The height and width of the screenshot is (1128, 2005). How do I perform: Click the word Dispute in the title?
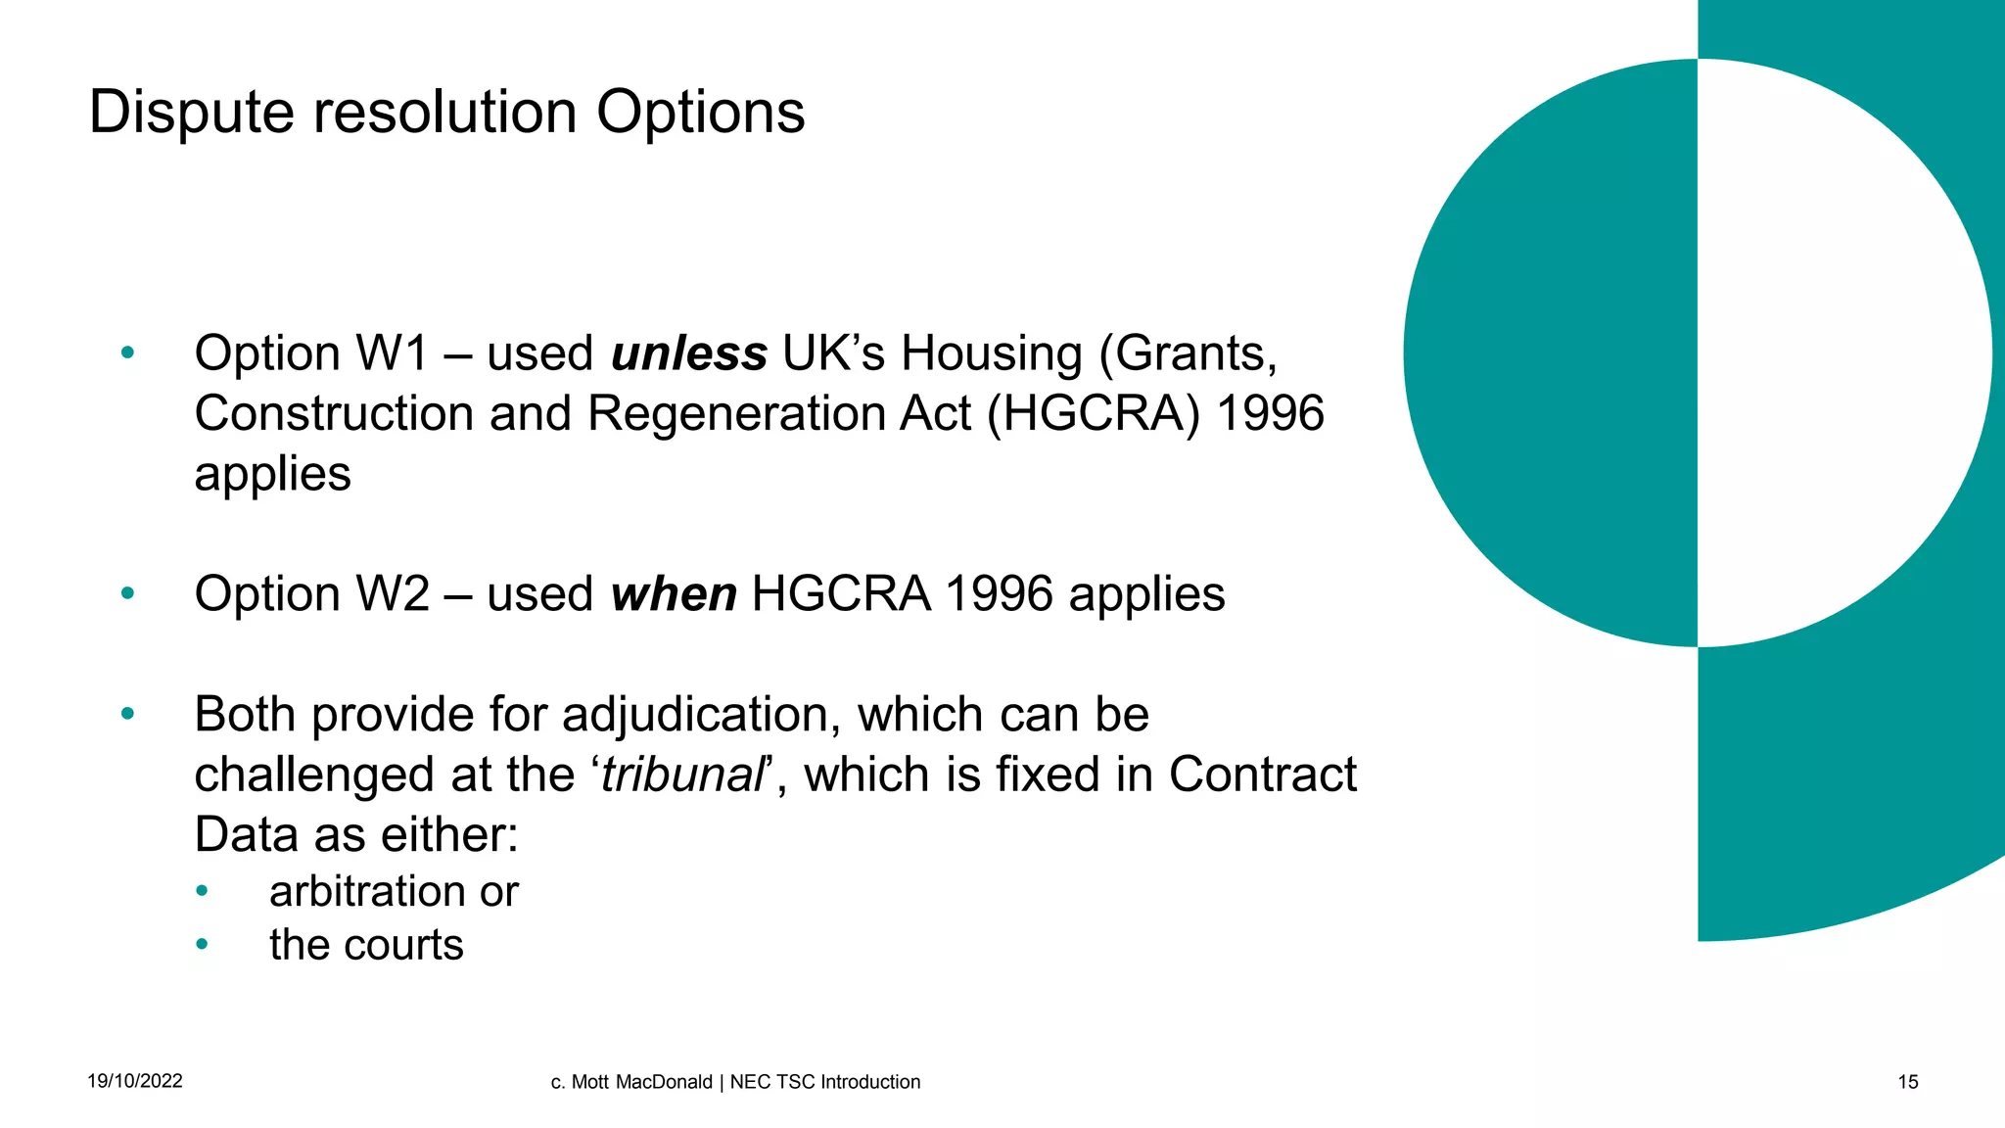click(x=191, y=113)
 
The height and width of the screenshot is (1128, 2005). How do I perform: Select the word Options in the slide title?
click(x=700, y=113)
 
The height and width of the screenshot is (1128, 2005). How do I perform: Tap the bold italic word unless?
click(x=688, y=353)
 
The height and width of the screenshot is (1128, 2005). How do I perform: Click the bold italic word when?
click(x=674, y=594)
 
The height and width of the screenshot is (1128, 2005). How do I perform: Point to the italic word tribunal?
click(x=681, y=775)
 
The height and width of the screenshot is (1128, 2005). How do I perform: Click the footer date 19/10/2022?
click(x=135, y=1081)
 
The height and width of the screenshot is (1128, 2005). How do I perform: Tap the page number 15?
click(x=1908, y=1082)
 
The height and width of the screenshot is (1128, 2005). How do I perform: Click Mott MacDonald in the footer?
click(x=641, y=1082)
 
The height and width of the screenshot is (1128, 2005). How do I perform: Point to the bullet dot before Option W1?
click(x=127, y=352)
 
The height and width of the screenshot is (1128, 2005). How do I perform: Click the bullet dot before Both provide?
click(x=127, y=714)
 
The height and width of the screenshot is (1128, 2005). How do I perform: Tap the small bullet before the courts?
click(x=202, y=945)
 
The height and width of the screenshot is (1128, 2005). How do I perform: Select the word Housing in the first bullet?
click(x=992, y=353)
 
